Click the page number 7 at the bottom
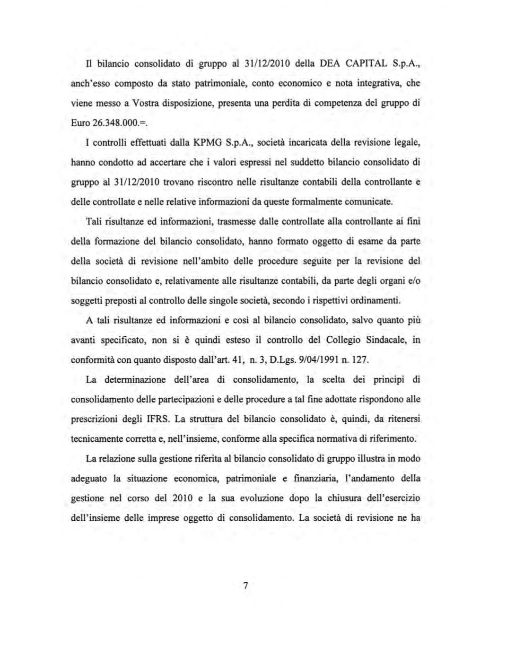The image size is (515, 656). (x=245, y=586)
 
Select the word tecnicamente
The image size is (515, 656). (x=96, y=439)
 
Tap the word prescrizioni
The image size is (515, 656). (x=93, y=419)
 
